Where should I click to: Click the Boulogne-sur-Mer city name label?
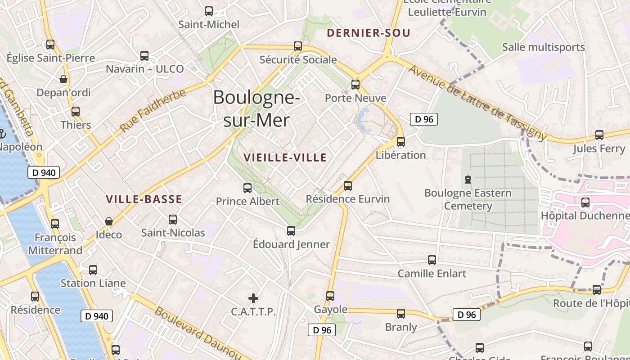point(256,108)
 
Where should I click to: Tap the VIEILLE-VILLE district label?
point(285,157)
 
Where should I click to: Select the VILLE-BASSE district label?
point(144,199)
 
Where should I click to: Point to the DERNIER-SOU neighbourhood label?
point(369,33)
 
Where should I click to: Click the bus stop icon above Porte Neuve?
point(355,84)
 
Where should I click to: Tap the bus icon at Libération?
point(400,141)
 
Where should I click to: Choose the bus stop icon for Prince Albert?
point(247,188)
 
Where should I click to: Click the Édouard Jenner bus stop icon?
point(291,231)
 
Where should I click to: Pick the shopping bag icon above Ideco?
point(109,221)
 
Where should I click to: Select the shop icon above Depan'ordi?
point(63,80)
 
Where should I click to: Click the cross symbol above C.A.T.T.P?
point(253,298)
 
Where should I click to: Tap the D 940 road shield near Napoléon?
point(44,172)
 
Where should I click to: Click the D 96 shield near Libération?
point(423,119)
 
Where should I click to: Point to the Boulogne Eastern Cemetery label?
point(468,199)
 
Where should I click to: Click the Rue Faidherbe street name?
point(153,111)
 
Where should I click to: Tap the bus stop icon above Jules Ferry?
point(599,135)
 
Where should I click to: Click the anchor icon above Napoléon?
point(2,133)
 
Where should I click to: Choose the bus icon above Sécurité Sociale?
point(297,46)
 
